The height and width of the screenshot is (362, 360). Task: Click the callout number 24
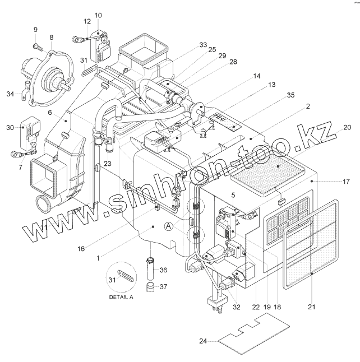coord(203,341)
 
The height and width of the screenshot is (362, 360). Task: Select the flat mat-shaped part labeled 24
coord(254,333)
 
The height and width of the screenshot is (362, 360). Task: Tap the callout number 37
coord(163,286)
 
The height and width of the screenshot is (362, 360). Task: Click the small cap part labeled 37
coord(150,287)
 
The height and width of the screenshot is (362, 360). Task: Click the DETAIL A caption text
coord(121,297)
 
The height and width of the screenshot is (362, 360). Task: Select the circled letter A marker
coord(169,226)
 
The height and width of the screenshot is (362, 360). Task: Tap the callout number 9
coord(35,29)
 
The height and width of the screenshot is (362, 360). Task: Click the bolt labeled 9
coord(38,47)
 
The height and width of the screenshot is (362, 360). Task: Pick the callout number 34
coord(10,94)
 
